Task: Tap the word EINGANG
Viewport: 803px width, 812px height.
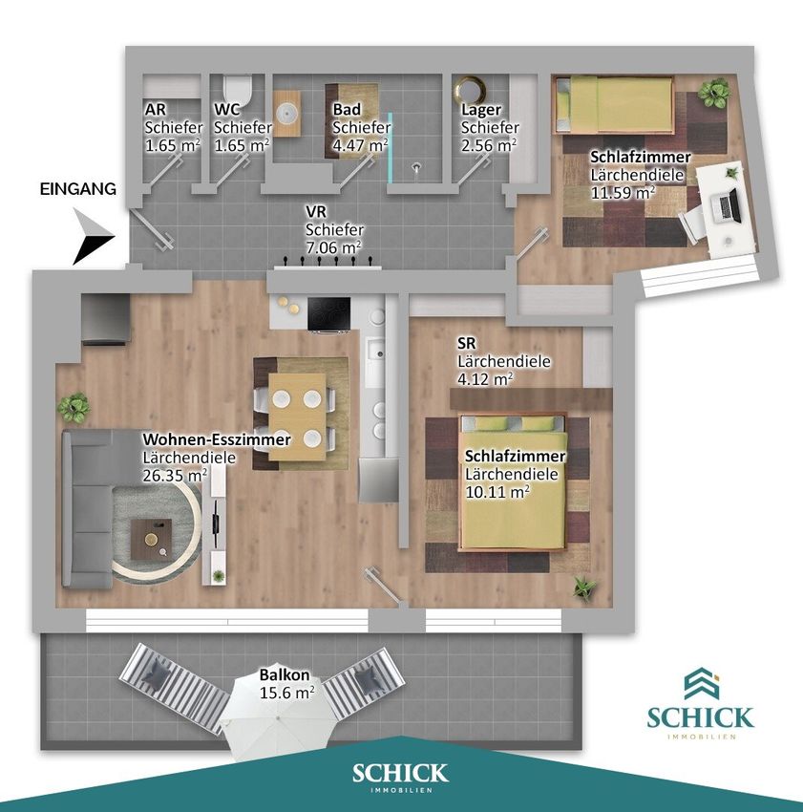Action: click(x=78, y=189)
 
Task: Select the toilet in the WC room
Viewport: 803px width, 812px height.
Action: click(x=238, y=90)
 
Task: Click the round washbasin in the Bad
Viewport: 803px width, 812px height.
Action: click(x=286, y=113)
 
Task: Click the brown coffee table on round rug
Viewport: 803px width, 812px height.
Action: click(x=151, y=539)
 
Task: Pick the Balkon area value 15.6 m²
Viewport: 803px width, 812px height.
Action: click(x=286, y=693)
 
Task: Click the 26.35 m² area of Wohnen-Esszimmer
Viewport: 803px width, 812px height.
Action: click(x=175, y=475)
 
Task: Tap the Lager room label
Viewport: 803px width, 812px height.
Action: click(x=481, y=110)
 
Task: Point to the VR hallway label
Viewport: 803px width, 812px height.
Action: click(x=316, y=212)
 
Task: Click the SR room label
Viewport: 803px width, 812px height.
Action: click(x=467, y=344)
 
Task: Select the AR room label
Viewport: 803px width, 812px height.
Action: click(x=156, y=110)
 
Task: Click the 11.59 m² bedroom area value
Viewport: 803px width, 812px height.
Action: click(x=623, y=193)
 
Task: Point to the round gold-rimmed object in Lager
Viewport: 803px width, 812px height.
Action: click(x=469, y=90)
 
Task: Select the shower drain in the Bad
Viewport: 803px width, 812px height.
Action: click(x=416, y=167)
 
